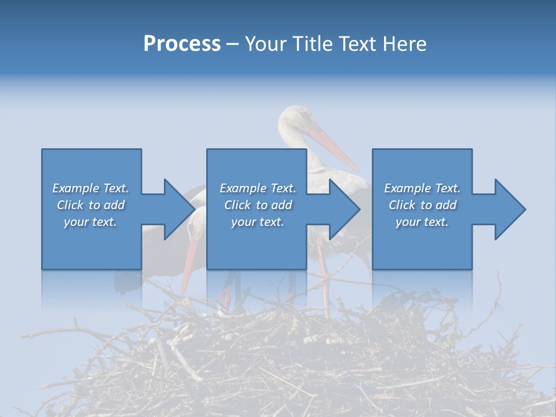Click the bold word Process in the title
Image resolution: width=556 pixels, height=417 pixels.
[x=182, y=44]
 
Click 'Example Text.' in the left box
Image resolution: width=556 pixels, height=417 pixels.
[x=90, y=188]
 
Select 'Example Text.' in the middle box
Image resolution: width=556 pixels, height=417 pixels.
[x=258, y=188]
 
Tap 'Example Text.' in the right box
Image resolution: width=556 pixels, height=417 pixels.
[x=422, y=188]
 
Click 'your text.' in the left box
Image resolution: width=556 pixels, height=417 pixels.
[x=90, y=222]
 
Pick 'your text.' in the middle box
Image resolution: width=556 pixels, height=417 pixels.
[x=258, y=222]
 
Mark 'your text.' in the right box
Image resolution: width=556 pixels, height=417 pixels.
[x=422, y=222]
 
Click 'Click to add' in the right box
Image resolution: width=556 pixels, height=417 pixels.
[x=422, y=205]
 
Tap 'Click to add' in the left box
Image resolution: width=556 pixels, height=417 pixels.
[x=90, y=205]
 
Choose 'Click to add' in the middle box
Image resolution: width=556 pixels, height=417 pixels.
[x=258, y=205]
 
